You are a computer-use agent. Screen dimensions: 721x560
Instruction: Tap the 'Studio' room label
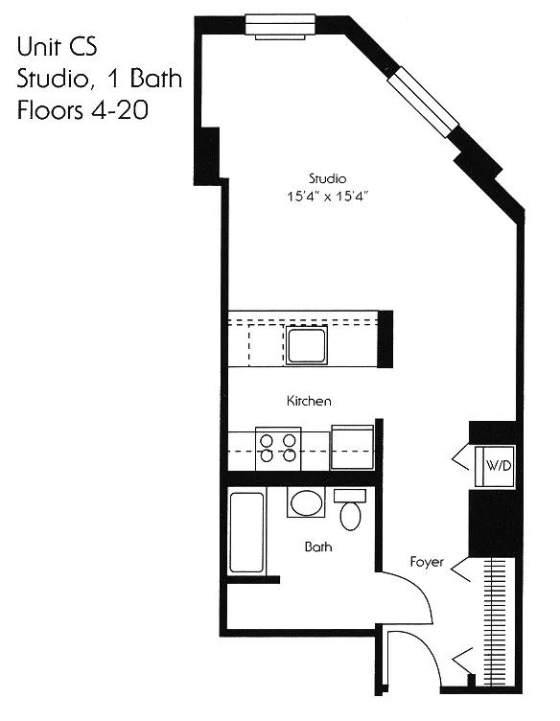(327, 178)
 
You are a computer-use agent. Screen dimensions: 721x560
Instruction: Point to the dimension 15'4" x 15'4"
(327, 196)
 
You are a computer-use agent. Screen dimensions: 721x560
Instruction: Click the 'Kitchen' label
(309, 401)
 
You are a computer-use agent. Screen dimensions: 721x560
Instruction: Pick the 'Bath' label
(317, 547)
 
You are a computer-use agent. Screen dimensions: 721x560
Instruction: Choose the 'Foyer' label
(426, 562)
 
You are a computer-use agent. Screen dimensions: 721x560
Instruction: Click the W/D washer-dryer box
(497, 466)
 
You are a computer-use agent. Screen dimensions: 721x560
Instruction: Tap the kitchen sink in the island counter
(307, 344)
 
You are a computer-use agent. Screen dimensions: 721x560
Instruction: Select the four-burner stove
(278, 448)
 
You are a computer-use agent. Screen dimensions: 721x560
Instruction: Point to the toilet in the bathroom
(350, 509)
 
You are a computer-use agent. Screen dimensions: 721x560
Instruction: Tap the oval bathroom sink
(308, 503)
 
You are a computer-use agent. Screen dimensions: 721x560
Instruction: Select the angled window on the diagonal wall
(423, 101)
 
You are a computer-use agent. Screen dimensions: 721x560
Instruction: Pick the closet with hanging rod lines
(496, 623)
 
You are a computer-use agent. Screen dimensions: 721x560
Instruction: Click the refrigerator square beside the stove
(352, 447)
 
